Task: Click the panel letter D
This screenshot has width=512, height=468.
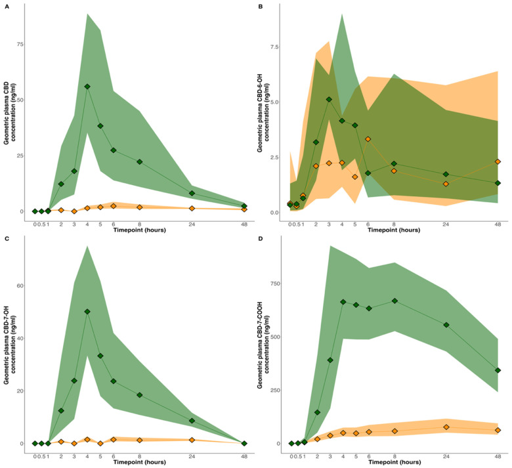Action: [x=261, y=238]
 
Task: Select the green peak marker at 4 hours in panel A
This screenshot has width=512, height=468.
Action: [x=87, y=87]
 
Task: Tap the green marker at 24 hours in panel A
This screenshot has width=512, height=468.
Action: [x=192, y=193]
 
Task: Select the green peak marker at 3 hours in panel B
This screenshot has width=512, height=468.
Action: [x=329, y=100]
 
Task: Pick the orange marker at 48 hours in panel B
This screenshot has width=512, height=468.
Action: [x=498, y=161]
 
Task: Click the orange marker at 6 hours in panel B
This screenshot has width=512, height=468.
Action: [x=368, y=139]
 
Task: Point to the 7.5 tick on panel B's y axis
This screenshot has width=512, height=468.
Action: [x=277, y=47]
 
